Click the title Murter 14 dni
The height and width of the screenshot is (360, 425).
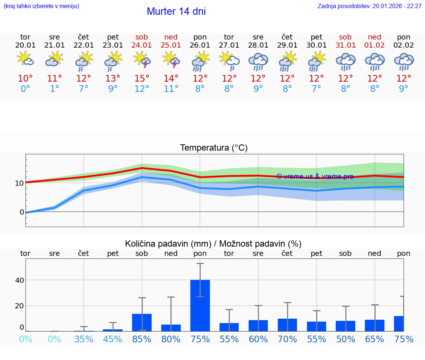(176, 11)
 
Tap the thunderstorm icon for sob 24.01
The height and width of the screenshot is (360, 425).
(142, 59)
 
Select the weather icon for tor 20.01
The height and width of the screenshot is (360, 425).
(25, 59)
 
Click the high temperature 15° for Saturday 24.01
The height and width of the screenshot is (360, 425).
(142, 79)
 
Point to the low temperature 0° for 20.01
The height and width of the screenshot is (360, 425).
(25, 89)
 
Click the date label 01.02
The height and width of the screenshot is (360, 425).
(374, 45)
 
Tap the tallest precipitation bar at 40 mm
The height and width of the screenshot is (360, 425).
(200, 305)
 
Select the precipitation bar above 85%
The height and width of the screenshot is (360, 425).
(142, 322)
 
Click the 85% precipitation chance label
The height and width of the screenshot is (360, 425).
(142, 339)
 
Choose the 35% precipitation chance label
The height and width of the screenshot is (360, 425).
(84, 339)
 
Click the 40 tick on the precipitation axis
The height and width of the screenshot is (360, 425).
(19, 280)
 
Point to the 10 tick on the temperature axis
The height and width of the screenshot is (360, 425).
(19, 183)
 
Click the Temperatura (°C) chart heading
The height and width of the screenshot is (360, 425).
(214, 148)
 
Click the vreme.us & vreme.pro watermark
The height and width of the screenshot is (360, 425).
(315, 176)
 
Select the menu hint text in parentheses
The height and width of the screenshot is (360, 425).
(41, 6)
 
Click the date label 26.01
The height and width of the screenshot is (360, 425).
(200, 45)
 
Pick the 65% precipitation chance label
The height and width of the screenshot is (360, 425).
(374, 339)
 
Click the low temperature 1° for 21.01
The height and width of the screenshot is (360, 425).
(54, 89)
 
